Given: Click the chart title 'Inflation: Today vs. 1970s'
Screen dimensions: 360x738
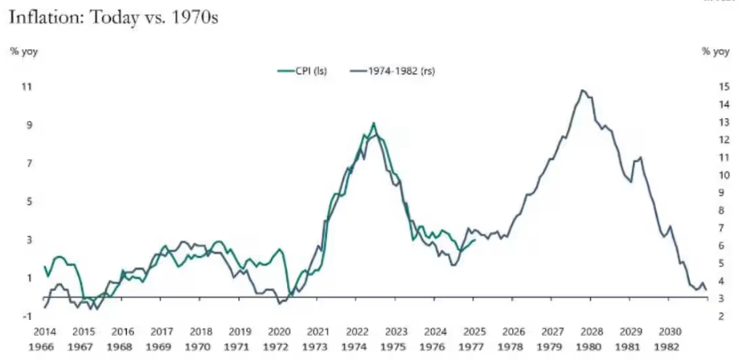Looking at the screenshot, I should [x=113, y=15].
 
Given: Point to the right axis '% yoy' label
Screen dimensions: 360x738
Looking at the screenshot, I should [x=715, y=51].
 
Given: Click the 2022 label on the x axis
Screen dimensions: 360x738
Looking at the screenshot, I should [x=356, y=331].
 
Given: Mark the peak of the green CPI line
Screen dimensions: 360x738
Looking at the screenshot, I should [x=373, y=123].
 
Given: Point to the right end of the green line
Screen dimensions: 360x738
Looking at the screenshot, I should [x=475, y=239].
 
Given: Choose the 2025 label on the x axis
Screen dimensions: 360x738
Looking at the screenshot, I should [x=474, y=331].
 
